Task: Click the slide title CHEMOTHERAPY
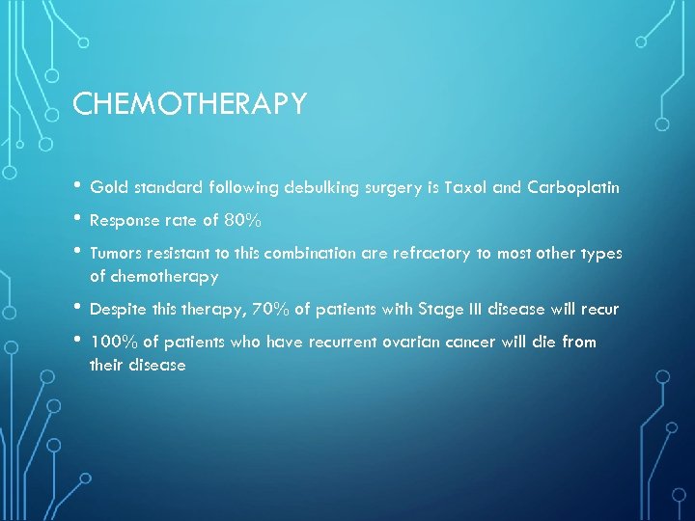pyautogui.click(x=189, y=104)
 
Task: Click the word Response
pyautogui.click(x=123, y=220)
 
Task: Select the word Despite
pyautogui.click(x=117, y=309)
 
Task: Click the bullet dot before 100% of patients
pyautogui.click(x=77, y=341)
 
